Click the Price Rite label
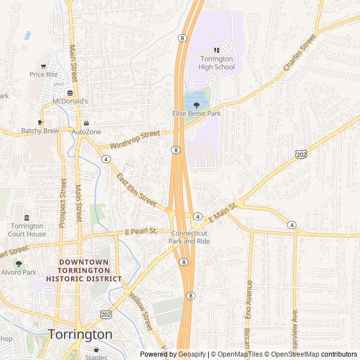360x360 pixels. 43,74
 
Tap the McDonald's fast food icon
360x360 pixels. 70,93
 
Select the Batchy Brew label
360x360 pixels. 40,131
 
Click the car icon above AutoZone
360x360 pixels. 86,123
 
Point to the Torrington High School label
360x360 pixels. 217,64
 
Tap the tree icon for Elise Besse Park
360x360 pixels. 196,105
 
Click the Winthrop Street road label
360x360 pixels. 135,140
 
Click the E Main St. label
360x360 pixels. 223,211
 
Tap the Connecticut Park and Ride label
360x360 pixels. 190,237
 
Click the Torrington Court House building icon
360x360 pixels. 26,218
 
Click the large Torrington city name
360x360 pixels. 80,334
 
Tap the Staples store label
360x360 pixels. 96,357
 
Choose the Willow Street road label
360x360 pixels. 141,310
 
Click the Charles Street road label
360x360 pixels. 300,53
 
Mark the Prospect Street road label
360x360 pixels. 62,204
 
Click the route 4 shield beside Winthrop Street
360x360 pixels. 106,159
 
